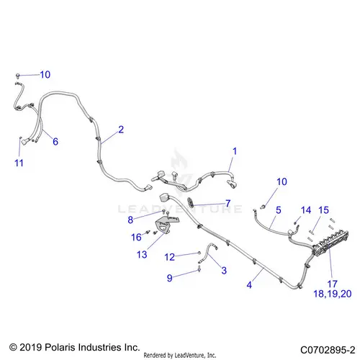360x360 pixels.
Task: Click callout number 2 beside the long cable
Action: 121,130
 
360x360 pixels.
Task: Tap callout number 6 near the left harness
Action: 55,141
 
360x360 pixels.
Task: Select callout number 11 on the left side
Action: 19,163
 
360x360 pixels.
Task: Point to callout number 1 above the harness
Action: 235,151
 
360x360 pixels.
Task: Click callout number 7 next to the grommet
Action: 228,204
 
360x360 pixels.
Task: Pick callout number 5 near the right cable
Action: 279,210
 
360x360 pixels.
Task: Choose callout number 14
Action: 306,210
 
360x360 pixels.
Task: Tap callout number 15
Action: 323,210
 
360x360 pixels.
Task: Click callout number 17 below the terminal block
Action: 333,284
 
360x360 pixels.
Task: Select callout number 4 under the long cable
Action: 249,285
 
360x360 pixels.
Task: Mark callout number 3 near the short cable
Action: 224,271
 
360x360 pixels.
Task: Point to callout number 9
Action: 170,278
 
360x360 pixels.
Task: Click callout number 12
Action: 169,257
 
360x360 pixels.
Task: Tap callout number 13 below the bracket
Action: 142,254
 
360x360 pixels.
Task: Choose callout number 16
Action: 136,237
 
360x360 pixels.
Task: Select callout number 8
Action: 130,220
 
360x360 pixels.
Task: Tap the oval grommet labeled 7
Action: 191,202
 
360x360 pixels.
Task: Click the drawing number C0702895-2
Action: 328,350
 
